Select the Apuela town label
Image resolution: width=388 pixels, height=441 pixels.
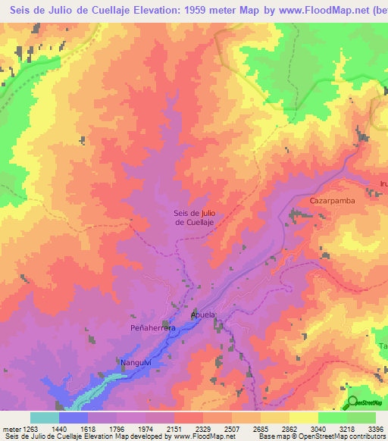pyautogui.click(x=204, y=314)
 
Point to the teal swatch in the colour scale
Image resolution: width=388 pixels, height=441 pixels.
pyautogui.click(x=45, y=418)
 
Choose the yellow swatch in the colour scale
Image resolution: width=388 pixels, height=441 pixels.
pyautogui.click(x=304, y=418)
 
